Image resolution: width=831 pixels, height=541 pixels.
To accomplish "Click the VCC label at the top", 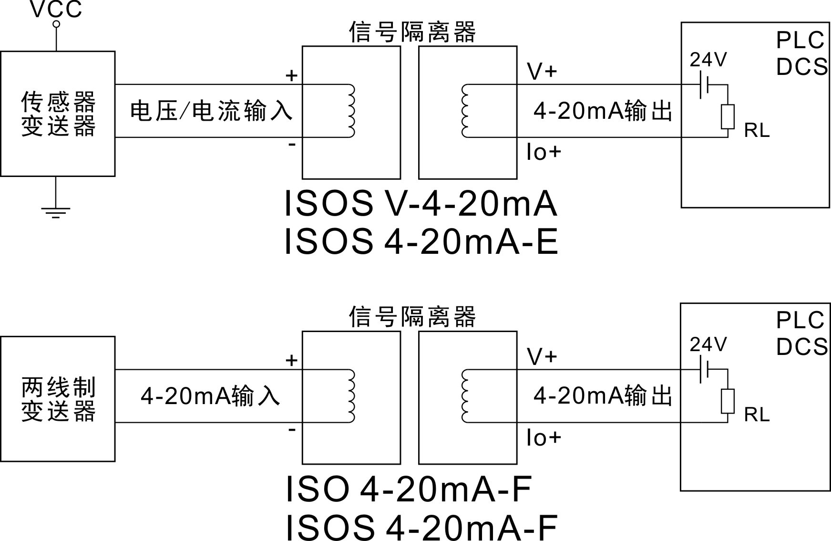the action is [x=56, y=9].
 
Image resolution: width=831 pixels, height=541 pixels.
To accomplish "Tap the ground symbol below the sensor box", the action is [x=56, y=212].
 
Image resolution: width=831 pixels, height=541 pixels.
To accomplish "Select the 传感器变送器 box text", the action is [x=58, y=114].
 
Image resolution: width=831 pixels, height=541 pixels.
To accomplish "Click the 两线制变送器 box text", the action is [x=58, y=399].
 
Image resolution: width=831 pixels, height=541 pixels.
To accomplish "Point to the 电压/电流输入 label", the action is [x=211, y=111].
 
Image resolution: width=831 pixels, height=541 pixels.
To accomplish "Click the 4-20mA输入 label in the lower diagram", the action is [x=210, y=396].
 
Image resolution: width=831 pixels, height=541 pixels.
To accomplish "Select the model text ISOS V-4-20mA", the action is [x=420, y=204].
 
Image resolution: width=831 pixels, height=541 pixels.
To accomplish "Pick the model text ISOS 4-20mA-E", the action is [x=421, y=241].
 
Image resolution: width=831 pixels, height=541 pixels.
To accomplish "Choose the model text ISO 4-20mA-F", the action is [x=409, y=489].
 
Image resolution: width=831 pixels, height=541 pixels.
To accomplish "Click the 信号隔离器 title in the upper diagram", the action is [x=412, y=32].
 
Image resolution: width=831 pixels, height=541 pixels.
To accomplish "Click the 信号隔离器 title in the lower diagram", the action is [x=412, y=317].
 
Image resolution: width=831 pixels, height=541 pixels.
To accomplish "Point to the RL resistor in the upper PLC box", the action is [x=728, y=117].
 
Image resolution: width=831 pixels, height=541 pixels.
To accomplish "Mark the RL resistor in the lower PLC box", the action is [x=728, y=401].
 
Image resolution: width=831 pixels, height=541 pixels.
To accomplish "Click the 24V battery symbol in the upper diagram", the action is [x=705, y=85].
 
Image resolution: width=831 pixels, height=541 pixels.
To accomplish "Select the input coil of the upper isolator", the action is [x=352, y=111].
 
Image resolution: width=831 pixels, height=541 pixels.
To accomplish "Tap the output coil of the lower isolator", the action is [x=465, y=396].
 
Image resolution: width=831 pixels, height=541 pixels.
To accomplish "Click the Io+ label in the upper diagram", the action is [x=544, y=152].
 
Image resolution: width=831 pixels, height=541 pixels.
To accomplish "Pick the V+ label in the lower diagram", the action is [x=542, y=356].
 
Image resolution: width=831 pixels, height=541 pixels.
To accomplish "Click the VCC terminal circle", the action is [x=56, y=24].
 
